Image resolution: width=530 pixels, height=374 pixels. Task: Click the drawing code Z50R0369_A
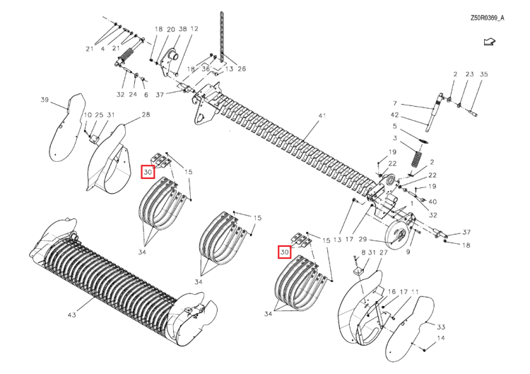[x=487, y=18]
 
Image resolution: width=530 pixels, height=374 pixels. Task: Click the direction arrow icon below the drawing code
[x=490, y=42]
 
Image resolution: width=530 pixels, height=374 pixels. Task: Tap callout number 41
[x=322, y=116]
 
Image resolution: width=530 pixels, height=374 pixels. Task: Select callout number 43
[x=71, y=315]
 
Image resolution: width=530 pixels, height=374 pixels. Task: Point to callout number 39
[x=45, y=100]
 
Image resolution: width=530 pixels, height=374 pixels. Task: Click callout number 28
[x=146, y=115]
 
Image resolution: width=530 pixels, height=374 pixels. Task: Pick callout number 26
[x=242, y=69]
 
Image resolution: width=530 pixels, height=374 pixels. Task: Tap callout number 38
[x=182, y=29]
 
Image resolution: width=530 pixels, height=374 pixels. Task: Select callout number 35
[x=484, y=74]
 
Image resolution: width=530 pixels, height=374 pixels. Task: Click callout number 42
[x=395, y=115]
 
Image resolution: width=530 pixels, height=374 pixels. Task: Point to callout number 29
[x=363, y=240]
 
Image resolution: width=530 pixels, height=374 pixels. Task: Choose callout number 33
[x=441, y=327]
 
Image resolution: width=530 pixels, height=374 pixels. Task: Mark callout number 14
[x=441, y=338]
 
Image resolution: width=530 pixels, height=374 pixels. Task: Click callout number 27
[x=383, y=252]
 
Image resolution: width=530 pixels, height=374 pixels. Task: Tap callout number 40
[x=432, y=202]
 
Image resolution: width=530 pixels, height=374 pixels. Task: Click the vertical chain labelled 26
[x=222, y=37]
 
